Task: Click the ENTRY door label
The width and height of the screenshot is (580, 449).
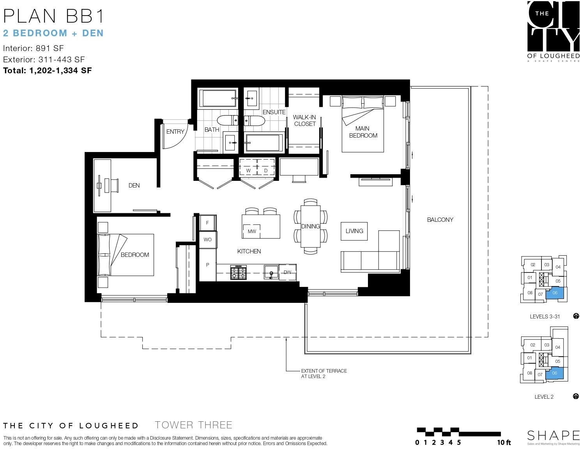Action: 175,131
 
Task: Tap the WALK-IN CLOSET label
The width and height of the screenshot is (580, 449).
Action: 304,120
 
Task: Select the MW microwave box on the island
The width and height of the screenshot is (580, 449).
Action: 251,231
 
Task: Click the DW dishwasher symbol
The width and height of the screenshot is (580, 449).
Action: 287,272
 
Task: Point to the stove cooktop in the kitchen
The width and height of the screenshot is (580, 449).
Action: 238,272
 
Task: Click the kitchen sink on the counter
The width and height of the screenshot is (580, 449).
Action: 271,272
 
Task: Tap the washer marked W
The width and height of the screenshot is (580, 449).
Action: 248,167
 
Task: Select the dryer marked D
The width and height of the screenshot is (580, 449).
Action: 266,167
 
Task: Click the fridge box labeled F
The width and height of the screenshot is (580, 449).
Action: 208,223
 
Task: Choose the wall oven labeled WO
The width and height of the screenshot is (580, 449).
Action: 208,240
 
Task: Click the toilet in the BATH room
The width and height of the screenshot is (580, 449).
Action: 227,120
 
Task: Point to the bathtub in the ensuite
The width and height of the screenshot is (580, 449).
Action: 264,143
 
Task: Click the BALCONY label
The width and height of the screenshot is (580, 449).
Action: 440,219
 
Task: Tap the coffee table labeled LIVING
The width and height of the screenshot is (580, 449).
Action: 354,231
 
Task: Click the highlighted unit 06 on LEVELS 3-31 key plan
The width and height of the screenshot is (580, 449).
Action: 555,293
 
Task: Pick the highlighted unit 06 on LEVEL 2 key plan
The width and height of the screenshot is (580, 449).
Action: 554,373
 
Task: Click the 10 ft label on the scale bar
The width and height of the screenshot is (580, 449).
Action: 504,443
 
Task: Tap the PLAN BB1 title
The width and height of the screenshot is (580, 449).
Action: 53,16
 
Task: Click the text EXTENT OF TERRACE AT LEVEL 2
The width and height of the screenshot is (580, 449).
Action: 324,373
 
